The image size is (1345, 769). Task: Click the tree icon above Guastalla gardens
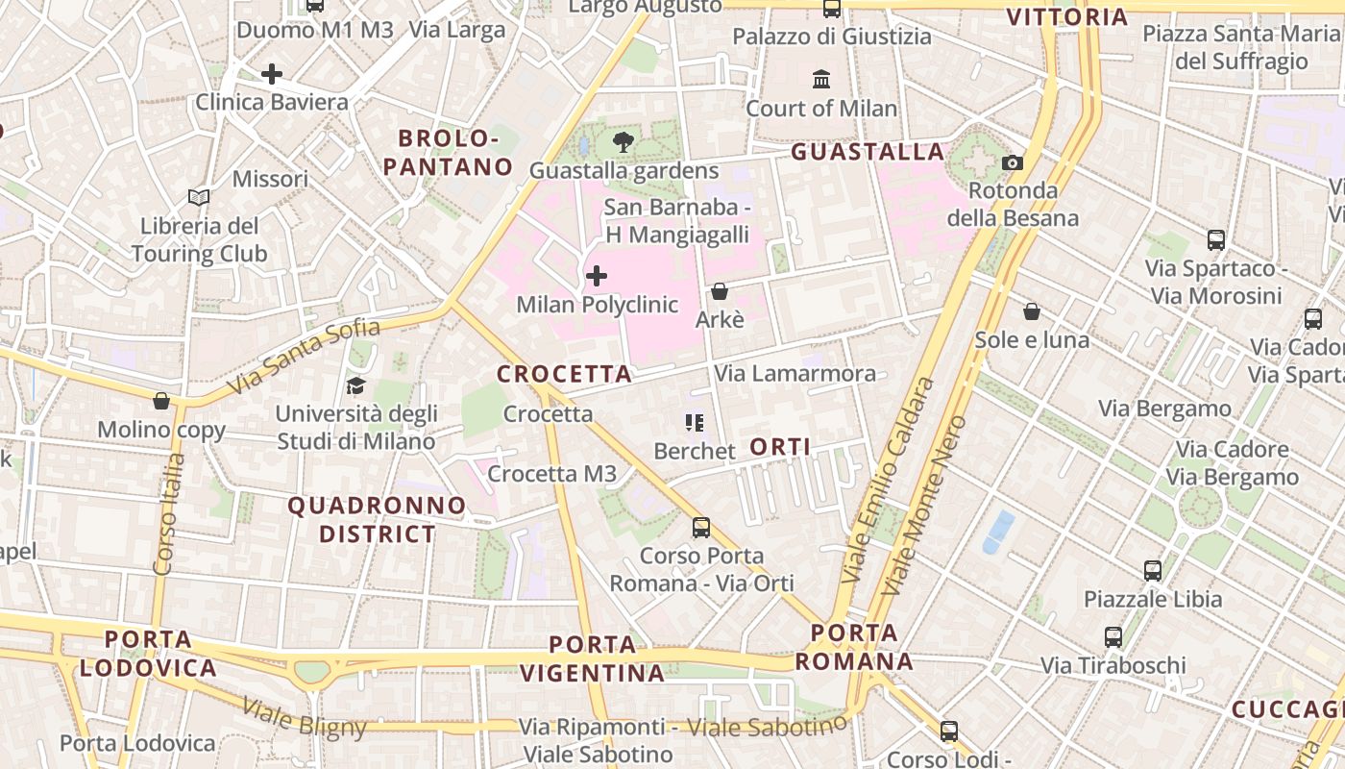point(624,143)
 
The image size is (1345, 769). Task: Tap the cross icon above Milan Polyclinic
point(597,277)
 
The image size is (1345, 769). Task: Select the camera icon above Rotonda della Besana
point(1013,162)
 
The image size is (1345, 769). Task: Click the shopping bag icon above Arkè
point(720,291)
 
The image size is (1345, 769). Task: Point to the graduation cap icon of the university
point(355,386)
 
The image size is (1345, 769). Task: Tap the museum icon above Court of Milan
point(821,79)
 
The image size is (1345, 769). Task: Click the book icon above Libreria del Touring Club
point(199,198)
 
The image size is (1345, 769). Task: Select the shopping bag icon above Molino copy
point(161,401)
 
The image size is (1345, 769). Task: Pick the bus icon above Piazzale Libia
point(1153,571)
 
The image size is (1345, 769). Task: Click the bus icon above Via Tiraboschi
point(1113,636)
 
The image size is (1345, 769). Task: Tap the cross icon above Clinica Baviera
point(272,73)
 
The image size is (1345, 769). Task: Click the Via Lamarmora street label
point(795,373)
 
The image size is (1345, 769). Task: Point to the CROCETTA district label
point(564,374)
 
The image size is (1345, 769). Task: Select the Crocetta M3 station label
point(552,474)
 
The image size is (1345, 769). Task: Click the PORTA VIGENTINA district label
point(593,658)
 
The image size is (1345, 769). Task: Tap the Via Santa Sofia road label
point(305,358)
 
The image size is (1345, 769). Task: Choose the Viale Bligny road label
point(304,718)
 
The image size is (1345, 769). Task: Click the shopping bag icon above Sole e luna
point(1032,311)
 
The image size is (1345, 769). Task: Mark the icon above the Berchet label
point(695,422)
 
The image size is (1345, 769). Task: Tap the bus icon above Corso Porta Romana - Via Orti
point(701,527)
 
